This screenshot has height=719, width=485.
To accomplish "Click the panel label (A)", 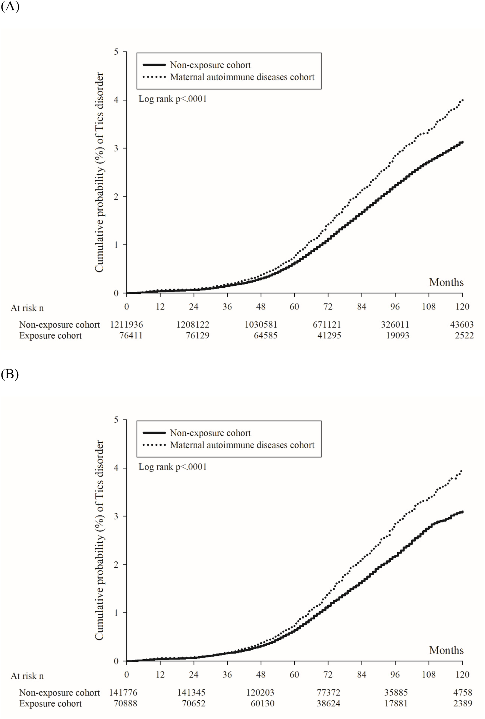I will (10, 6).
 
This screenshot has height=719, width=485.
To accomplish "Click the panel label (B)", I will (10, 374).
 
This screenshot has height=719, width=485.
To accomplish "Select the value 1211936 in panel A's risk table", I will (126, 325).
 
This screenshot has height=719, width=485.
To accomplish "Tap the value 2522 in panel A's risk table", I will (464, 335).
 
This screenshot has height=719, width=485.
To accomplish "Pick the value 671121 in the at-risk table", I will (327, 325).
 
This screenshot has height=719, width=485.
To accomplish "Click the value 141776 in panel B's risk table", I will (123, 693).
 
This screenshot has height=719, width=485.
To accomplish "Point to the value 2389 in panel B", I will (463, 703).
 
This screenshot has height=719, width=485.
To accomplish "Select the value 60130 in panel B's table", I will (262, 703).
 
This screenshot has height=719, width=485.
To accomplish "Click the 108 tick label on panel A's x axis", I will (429, 307).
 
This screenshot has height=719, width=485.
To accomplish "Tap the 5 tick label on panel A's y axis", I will (116, 52).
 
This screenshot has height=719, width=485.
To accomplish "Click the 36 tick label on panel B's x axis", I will (227, 675).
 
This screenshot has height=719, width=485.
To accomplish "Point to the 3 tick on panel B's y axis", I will (116, 516).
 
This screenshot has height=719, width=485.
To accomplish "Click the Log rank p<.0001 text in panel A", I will (172, 99).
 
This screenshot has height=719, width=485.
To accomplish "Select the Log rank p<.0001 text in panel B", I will (172, 467).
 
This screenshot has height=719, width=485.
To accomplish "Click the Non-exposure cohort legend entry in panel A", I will (210, 65).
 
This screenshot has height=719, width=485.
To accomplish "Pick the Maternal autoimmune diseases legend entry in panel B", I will (242, 445).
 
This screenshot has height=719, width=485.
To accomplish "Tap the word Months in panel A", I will (446, 282).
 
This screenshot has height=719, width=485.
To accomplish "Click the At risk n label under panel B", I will (27, 676).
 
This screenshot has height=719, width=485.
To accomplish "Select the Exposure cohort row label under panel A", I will (50, 335).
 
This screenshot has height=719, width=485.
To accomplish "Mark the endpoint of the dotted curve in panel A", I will (462, 101).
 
